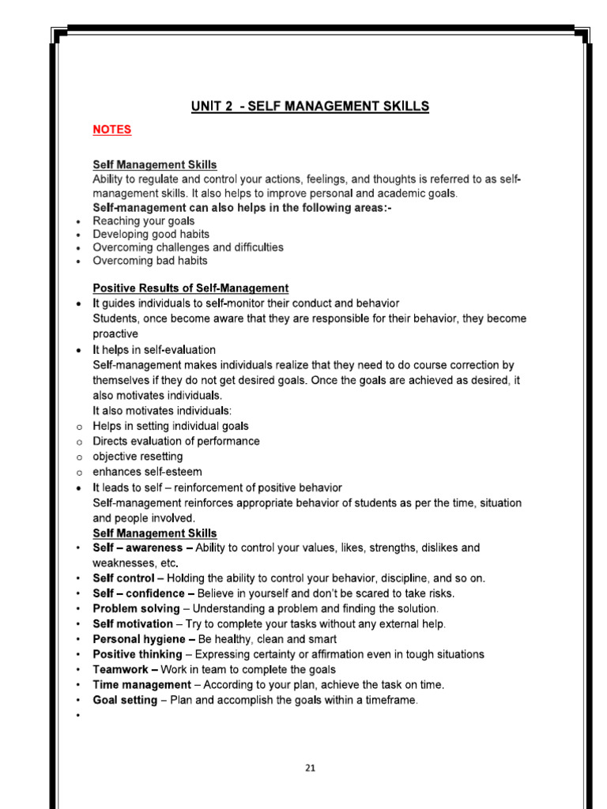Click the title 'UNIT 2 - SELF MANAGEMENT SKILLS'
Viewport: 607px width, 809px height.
click(310, 107)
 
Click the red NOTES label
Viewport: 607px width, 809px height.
click(111, 130)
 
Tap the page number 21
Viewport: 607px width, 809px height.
click(310, 767)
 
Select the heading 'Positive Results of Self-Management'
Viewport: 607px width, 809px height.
click(190, 288)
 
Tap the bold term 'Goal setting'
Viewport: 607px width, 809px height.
click(125, 701)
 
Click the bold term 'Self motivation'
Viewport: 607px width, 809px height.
click(133, 624)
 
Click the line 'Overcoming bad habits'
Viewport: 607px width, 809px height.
click(150, 261)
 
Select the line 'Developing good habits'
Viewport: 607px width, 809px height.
click(151, 235)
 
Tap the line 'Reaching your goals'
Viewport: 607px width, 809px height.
click(143, 221)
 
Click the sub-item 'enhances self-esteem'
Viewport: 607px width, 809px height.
click(147, 472)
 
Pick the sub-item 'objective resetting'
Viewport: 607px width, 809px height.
click(138, 457)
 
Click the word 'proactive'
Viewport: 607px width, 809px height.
click(115, 334)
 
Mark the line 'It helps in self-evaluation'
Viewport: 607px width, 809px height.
click(154, 350)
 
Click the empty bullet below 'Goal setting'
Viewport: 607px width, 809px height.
click(78, 716)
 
